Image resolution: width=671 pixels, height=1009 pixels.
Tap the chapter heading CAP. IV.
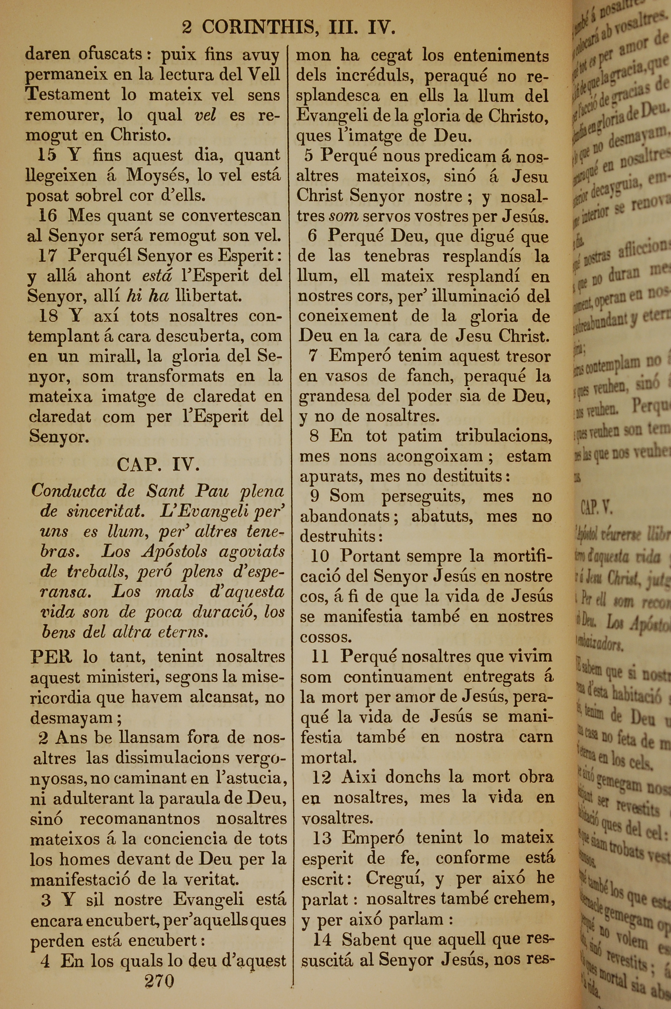click(x=158, y=464)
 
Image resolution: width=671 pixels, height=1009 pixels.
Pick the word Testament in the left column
click(x=68, y=95)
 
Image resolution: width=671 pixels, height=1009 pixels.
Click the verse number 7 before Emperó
click(x=313, y=356)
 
